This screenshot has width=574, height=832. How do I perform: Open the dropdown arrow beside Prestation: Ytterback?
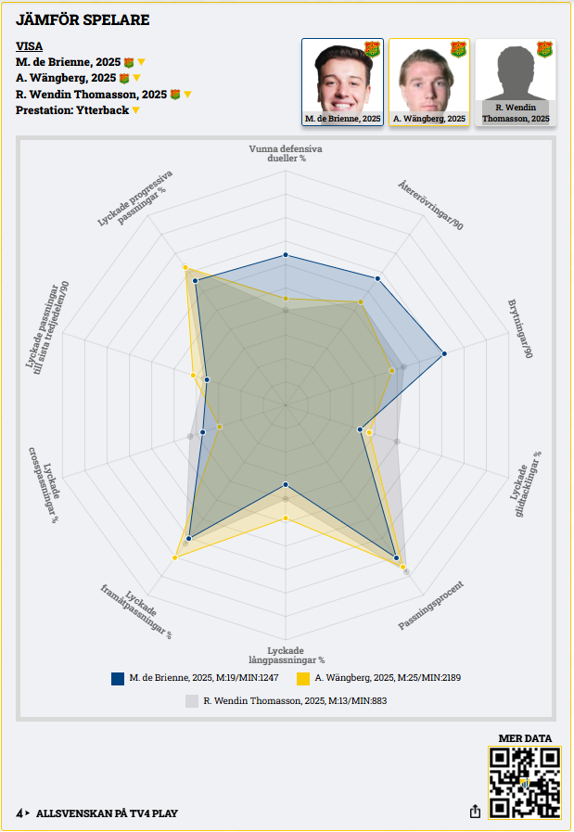point(135,110)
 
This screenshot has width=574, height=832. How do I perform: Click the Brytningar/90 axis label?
point(519,329)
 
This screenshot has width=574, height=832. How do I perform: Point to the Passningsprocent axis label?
point(431,606)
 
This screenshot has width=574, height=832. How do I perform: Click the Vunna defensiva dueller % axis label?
point(286,153)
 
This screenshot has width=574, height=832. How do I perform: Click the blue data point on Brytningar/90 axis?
point(444,353)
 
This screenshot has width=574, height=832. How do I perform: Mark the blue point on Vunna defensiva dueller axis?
point(286,254)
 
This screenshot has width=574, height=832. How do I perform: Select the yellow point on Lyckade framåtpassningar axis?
point(175,557)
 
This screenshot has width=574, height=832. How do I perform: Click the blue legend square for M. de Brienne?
point(118,678)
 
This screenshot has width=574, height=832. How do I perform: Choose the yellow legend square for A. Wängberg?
point(302,678)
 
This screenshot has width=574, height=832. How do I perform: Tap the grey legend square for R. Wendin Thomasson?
point(192,701)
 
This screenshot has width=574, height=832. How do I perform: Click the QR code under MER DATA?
point(524,782)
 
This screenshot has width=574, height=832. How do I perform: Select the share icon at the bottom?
point(475,812)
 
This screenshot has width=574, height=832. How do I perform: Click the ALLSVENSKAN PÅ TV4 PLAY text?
point(107,813)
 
